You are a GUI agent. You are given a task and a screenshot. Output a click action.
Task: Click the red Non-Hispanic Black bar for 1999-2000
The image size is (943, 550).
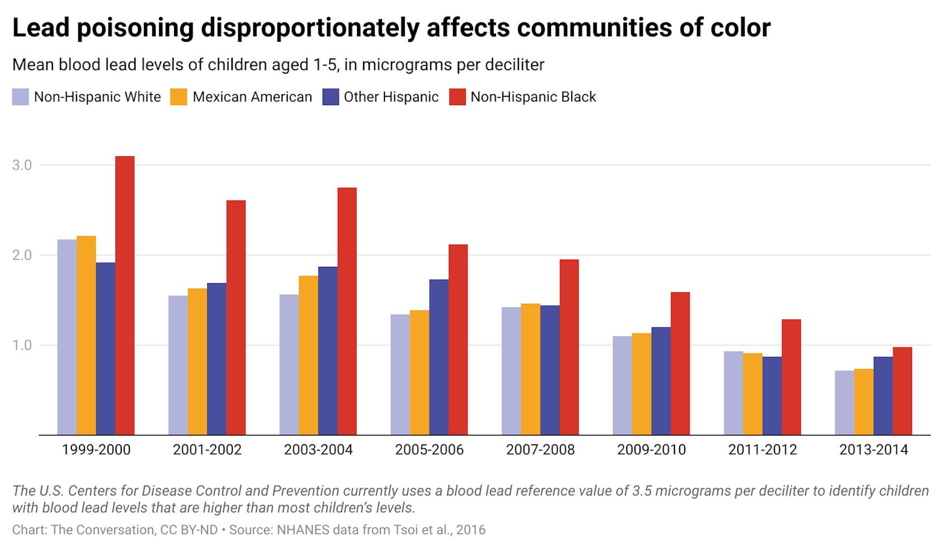[125, 295]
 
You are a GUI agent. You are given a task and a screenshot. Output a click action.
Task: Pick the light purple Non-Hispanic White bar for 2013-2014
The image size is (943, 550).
[844, 403]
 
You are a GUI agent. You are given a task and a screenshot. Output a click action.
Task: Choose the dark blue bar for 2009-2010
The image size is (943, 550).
[661, 381]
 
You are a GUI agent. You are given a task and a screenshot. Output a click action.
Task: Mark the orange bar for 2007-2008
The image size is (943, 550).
[530, 369]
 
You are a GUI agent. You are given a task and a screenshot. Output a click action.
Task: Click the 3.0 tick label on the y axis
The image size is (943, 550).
[22, 165]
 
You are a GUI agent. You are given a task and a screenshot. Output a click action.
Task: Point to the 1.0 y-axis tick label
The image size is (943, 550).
[22, 345]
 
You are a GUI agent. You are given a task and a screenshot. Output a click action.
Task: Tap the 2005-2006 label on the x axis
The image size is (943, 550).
[429, 450]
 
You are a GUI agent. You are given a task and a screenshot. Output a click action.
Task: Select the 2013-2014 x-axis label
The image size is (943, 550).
[873, 450]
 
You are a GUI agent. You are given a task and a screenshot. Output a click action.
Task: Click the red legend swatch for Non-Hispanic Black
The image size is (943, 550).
[457, 97]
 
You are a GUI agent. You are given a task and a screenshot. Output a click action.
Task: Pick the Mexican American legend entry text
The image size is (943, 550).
[252, 97]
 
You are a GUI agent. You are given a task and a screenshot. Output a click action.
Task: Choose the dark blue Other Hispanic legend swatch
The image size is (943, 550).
[331, 97]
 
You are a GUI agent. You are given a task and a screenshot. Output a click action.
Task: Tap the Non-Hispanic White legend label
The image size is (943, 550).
[97, 97]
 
